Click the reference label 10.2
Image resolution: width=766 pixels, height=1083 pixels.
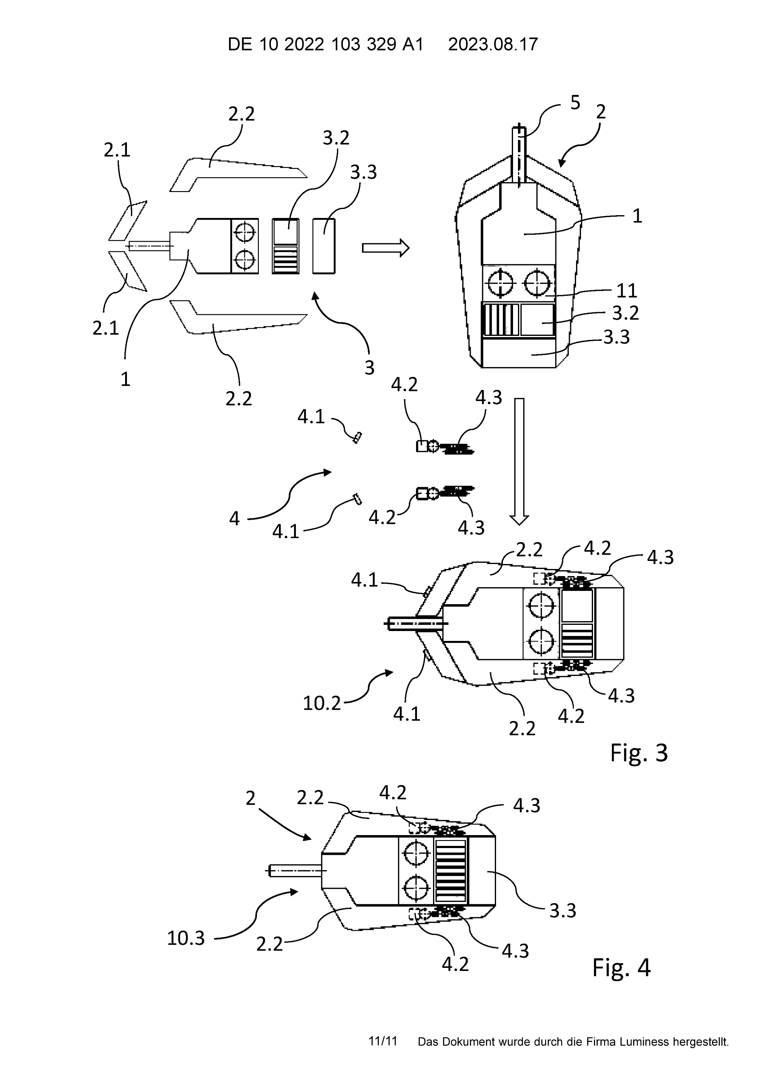pos(322,703)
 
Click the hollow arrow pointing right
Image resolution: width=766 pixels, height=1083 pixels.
pos(385,248)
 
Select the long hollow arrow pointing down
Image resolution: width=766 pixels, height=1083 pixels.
pos(519,461)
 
